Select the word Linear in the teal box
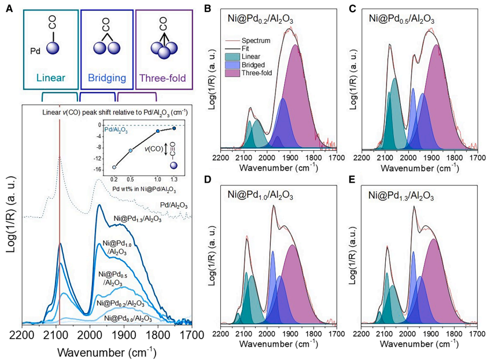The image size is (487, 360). [x=50, y=77]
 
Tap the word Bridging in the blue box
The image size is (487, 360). [x=106, y=77]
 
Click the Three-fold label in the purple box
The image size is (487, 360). [x=164, y=77]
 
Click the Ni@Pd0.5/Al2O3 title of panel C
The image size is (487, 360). [x=401, y=18]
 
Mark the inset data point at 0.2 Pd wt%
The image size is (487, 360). [x=114, y=167]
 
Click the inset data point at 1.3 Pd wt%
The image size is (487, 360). [x=174, y=128]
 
